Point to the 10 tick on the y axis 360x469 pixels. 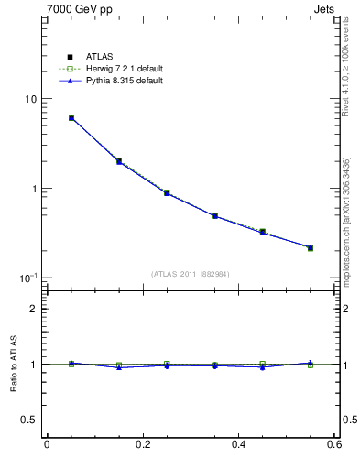30,99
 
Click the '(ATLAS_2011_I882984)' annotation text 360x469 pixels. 191,273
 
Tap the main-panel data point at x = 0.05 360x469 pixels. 71,118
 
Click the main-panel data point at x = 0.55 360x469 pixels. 311,247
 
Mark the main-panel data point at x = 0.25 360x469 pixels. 167,193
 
